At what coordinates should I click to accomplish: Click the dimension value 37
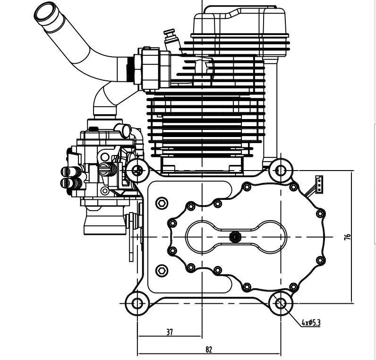[170, 332]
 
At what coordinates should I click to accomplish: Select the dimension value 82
[209, 350]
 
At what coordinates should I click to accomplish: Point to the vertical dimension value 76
[348, 237]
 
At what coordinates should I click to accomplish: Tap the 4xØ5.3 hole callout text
[311, 323]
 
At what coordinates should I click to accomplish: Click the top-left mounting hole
[137, 171]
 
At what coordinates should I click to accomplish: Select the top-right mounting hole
[281, 170]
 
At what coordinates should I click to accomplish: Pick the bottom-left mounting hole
[137, 304]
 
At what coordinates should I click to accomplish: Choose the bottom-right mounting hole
[281, 304]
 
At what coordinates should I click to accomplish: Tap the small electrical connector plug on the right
[319, 184]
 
